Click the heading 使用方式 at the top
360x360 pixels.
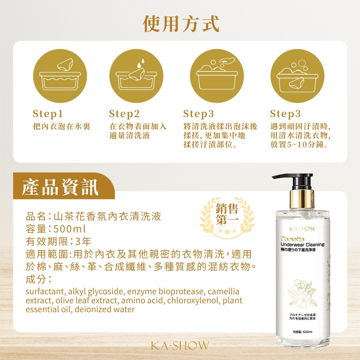181,24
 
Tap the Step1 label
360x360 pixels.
48,114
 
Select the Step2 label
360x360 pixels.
124,114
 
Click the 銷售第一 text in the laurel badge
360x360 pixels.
227,216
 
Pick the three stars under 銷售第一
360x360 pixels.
227,231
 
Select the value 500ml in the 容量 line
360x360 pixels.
69,229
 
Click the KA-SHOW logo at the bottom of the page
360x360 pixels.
180,346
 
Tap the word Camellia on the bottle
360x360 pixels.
288,239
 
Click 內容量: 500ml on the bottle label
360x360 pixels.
302,332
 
